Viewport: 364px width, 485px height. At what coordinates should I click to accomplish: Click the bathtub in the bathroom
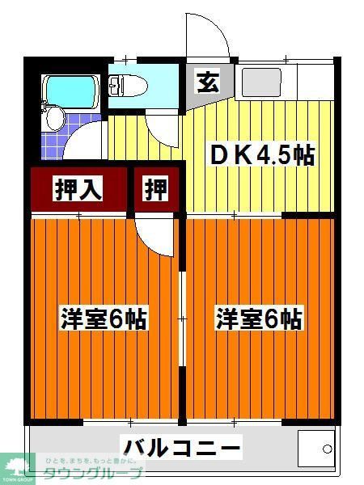(70, 91)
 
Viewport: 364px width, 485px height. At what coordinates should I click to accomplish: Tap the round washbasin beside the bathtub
(54, 120)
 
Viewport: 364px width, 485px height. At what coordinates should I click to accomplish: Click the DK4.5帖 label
(262, 154)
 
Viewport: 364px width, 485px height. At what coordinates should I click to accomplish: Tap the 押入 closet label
(78, 189)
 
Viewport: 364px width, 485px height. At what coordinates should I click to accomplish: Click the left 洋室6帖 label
(104, 318)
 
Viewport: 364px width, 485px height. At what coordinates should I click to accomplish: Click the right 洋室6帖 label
(258, 318)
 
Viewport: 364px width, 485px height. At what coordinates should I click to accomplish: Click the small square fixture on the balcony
(315, 446)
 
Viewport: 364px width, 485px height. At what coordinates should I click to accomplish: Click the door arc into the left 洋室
(154, 234)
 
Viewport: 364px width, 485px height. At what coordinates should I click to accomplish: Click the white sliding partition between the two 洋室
(182, 319)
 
